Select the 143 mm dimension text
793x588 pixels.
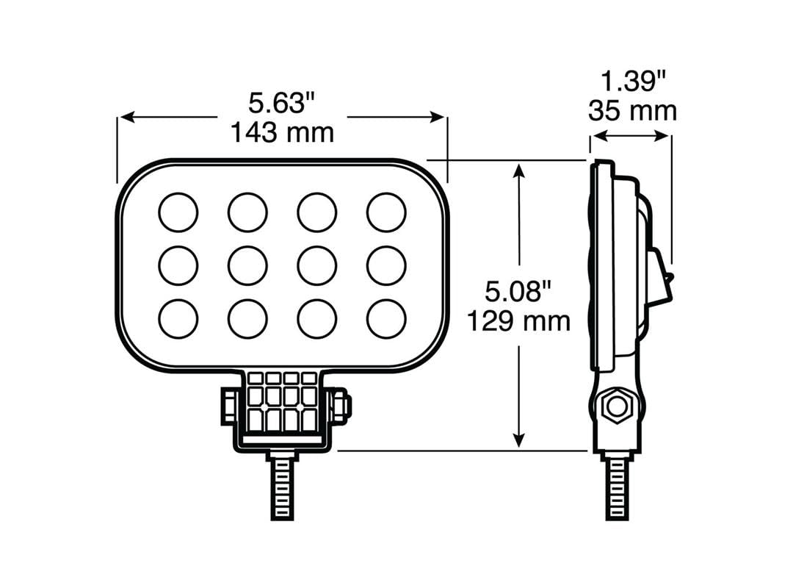click(282, 133)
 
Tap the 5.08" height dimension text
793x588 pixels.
click(518, 293)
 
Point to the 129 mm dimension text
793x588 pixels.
click(518, 321)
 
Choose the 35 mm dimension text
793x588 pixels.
click(632, 111)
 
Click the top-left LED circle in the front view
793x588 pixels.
click(178, 212)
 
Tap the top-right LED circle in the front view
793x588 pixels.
click(386, 212)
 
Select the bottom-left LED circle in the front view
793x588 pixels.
click(178, 319)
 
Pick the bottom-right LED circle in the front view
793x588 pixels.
click(386, 319)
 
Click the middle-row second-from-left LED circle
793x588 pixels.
click(247, 265)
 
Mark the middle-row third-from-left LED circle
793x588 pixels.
click(316, 265)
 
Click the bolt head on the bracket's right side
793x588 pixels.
click(342, 406)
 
